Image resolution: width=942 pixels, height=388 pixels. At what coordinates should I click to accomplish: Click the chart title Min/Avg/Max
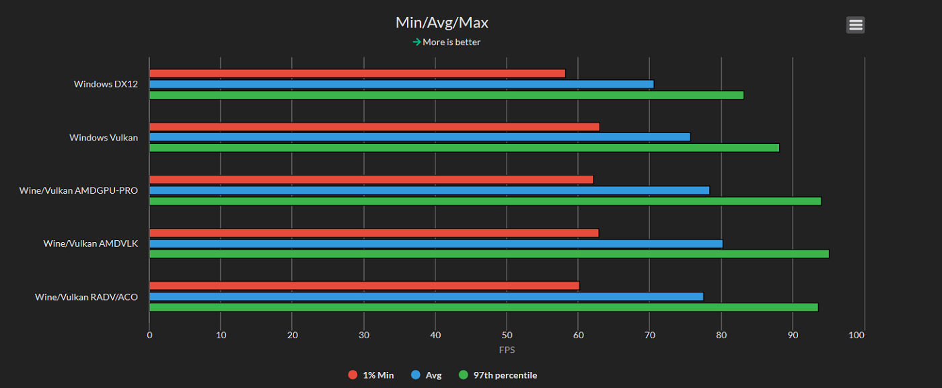442,22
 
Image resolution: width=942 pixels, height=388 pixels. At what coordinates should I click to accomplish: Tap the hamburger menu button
855,25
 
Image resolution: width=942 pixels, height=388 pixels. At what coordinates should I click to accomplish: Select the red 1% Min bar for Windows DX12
357,73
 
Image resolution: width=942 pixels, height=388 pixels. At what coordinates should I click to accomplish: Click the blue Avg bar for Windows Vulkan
419,137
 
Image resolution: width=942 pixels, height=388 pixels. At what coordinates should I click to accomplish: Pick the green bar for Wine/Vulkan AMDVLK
488,254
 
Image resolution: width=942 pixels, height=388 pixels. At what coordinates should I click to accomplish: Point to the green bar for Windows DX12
446,95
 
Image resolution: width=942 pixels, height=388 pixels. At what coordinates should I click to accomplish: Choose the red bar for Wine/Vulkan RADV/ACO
364,286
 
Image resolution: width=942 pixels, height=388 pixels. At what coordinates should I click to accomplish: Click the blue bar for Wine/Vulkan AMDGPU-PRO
429,190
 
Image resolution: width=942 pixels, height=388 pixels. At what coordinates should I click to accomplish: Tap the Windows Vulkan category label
104,138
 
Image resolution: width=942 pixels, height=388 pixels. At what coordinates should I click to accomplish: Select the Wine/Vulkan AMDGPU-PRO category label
79,191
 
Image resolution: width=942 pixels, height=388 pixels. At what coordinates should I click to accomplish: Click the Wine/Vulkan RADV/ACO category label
86,297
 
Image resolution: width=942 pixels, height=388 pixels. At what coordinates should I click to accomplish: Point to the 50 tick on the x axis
507,335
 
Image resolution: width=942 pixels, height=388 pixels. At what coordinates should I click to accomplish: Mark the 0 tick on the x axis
149,335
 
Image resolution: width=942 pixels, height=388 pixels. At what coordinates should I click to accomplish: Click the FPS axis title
507,350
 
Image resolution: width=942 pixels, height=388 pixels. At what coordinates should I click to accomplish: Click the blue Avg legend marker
415,375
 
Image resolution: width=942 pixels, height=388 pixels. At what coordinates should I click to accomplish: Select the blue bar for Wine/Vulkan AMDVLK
435,243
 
